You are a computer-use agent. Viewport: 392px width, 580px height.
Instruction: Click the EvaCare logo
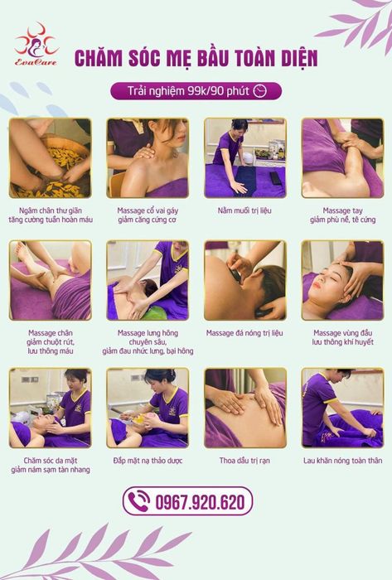click(x=36, y=45)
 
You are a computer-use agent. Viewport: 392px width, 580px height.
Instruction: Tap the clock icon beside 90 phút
click(x=260, y=91)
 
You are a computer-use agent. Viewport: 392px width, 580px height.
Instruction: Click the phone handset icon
click(x=139, y=500)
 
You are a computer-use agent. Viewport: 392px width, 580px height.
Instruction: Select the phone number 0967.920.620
click(x=200, y=502)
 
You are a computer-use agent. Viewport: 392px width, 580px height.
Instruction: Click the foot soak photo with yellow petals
click(x=51, y=158)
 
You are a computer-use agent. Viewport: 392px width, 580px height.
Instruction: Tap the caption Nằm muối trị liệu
click(x=244, y=210)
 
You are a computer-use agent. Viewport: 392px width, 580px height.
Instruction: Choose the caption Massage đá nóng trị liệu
click(x=244, y=333)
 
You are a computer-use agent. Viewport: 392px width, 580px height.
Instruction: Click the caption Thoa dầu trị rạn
click(x=244, y=461)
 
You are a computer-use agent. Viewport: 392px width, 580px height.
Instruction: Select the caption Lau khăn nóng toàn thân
click(x=342, y=461)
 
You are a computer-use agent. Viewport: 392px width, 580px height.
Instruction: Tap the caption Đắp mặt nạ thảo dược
click(x=148, y=461)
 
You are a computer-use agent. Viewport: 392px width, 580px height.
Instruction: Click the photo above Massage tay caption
click(x=342, y=158)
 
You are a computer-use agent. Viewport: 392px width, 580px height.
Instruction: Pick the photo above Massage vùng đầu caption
click(x=342, y=280)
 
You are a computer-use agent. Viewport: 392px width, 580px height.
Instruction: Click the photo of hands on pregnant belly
click(x=245, y=408)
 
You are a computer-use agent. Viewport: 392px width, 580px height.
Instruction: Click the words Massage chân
click(x=51, y=333)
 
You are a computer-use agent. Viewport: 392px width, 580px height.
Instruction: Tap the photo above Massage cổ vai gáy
click(x=148, y=158)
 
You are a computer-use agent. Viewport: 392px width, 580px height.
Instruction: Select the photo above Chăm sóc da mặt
click(x=51, y=408)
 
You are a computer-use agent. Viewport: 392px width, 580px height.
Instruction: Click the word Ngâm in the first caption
click(x=27, y=210)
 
